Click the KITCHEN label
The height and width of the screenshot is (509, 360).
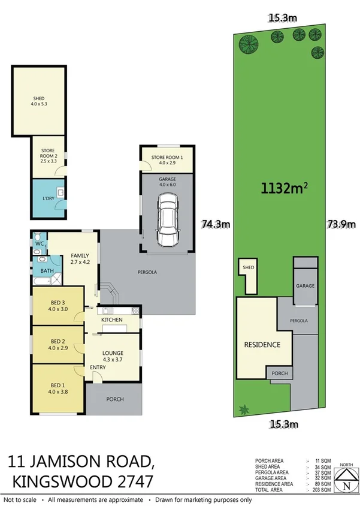point(111,320)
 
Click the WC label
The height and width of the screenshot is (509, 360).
point(40,244)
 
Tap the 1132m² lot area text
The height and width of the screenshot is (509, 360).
point(284,189)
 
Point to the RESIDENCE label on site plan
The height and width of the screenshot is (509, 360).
point(261,345)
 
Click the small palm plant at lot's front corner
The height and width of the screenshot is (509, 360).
point(243,410)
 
